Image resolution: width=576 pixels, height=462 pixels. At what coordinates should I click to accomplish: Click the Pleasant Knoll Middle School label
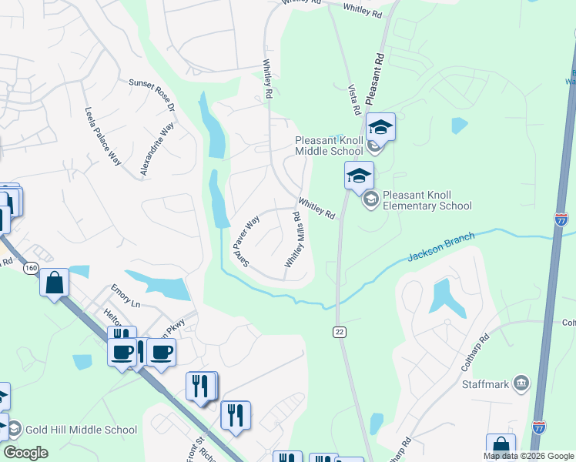tap(329, 146)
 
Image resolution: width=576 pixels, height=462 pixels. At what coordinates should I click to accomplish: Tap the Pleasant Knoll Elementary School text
tap(426, 200)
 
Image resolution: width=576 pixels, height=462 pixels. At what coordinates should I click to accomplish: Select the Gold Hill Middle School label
tap(82, 430)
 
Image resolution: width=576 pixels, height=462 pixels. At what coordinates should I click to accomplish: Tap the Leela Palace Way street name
tap(102, 136)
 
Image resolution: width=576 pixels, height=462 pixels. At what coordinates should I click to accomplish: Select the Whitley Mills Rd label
tap(293, 241)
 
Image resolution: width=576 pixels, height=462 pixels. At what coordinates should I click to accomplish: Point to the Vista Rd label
tap(354, 100)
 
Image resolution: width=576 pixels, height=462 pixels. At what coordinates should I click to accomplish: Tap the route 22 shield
tap(339, 331)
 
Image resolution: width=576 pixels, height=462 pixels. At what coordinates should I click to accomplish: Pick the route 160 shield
tap(30, 268)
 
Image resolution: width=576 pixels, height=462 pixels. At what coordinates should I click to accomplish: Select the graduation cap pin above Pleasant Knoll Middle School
tap(380, 126)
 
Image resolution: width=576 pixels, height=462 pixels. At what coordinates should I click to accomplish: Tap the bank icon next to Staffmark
tap(521, 383)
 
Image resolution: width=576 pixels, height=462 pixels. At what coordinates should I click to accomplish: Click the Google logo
tap(25, 453)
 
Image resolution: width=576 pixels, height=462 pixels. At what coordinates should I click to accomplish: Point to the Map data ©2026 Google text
tap(527, 456)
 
